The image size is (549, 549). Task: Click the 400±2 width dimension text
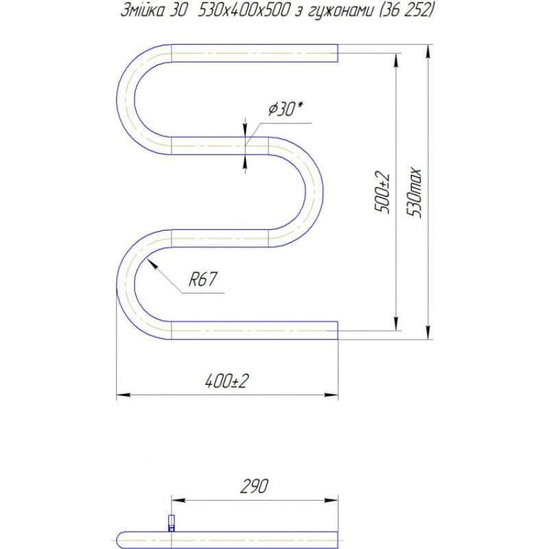[226, 382]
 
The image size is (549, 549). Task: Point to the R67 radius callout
[202, 279]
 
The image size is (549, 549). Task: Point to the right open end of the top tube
[337, 53]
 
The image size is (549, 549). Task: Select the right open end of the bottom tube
[337, 330]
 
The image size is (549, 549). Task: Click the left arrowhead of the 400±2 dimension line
[119, 395]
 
